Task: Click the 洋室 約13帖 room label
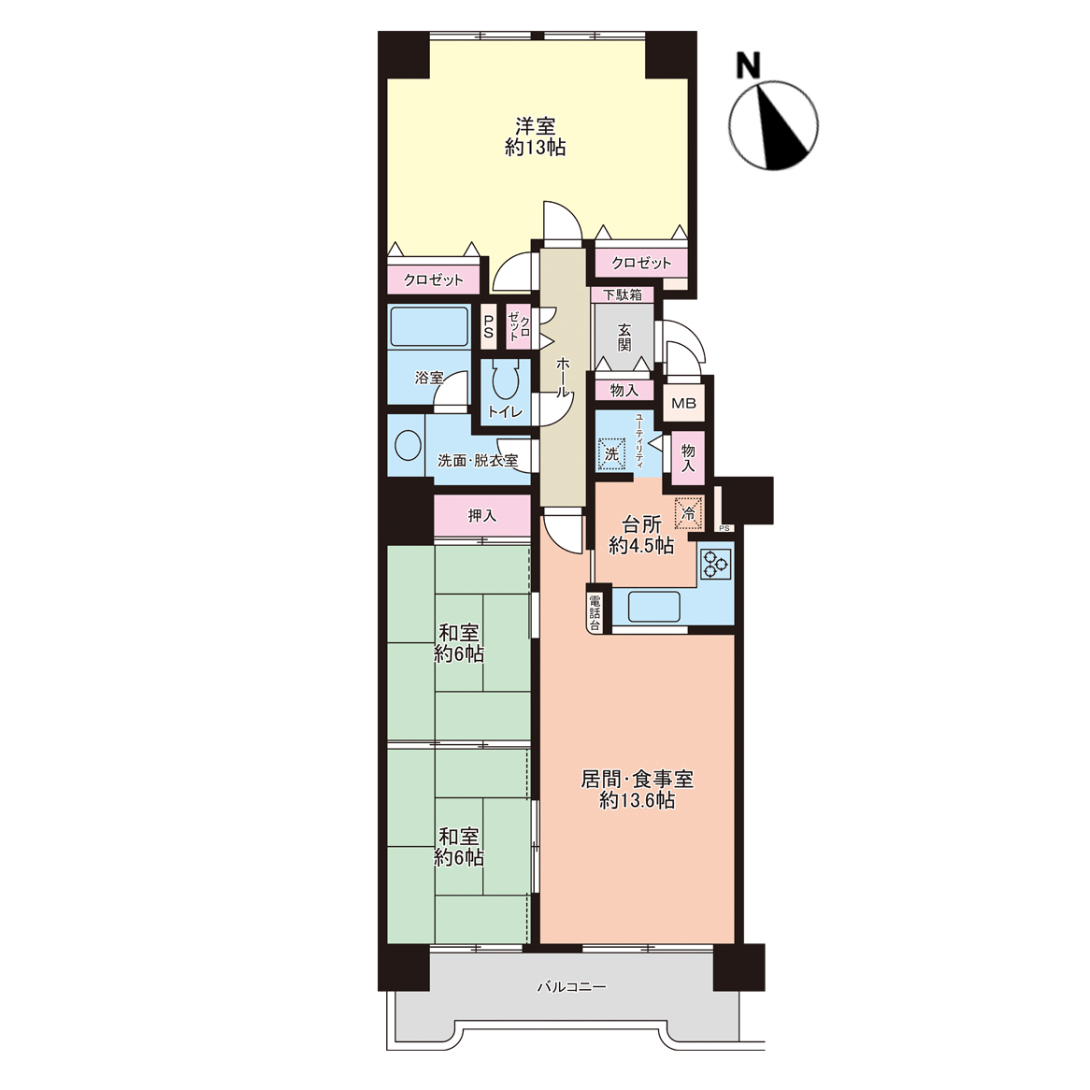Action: pos(535,136)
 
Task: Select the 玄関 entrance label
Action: pos(624,337)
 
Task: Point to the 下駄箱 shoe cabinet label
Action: pos(623,294)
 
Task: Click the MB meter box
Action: pos(683,403)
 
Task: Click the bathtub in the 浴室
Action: pos(429,327)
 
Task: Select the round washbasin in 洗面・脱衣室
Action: pos(408,445)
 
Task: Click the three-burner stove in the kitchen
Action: pos(715,563)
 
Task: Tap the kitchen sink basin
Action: pos(653,606)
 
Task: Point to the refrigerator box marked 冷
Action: pos(689,513)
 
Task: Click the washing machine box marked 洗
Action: pos(611,454)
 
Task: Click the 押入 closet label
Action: pos(481,515)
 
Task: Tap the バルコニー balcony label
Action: pos(571,986)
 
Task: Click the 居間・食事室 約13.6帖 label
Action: pos(638,790)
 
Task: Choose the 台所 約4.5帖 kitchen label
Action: pos(641,536)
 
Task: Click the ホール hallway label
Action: pos(563,377)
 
